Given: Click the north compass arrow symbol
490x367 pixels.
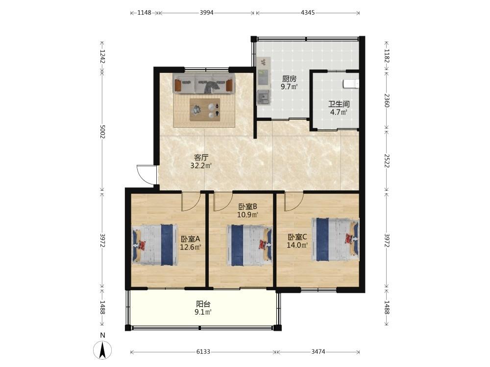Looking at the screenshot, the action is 102,350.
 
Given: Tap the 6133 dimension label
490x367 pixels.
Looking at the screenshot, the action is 203,352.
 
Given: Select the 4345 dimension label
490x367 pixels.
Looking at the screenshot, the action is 308,13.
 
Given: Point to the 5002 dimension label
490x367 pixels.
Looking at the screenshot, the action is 102,132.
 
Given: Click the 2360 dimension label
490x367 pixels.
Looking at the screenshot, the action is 387,100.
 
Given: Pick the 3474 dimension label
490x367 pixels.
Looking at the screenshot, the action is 318,352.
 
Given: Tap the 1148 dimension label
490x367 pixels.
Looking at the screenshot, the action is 145,13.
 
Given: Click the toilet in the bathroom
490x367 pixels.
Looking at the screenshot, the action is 351,84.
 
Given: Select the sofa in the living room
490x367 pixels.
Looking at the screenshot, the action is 204,83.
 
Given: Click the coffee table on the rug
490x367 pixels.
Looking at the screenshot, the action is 205,110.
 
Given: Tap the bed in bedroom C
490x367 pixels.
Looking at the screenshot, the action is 335,239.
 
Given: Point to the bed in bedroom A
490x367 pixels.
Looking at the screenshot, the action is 155,244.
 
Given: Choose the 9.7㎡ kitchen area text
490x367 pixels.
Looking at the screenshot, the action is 289,87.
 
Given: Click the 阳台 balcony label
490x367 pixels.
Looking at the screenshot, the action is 203,304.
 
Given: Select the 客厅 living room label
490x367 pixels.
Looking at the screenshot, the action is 201,158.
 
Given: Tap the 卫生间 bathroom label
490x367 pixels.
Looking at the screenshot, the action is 339,104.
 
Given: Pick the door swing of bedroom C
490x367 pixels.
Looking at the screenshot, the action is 294,202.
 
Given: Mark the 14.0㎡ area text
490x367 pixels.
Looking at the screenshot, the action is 297,245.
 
